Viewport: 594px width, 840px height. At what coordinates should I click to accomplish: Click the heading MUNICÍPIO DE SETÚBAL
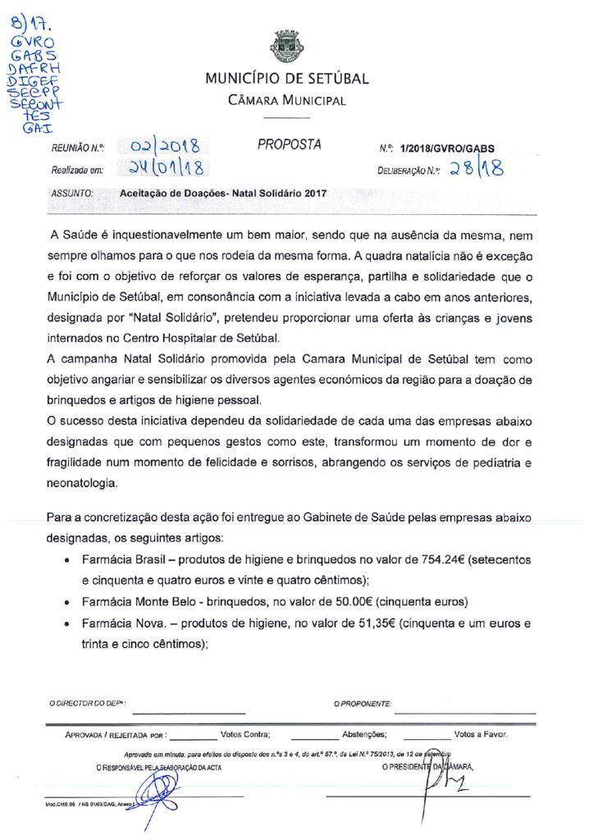pyautogui.click(x=287, y=80)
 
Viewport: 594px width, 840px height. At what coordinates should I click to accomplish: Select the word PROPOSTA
pyautogui.click(x=289, y=146)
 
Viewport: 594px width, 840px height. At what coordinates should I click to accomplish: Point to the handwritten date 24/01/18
pyautogui.click(x=166, y=169)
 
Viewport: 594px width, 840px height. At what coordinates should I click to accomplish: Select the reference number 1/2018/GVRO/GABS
pyautogui.click(x=448, y=149)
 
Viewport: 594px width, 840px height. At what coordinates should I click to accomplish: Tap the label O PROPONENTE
pyautogui.click(x=363, y=704)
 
